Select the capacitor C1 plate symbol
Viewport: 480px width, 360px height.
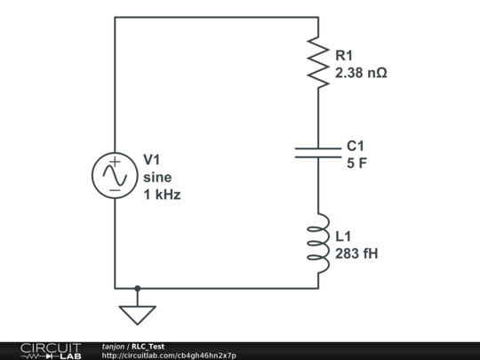317,154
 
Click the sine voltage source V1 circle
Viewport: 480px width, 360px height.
115,175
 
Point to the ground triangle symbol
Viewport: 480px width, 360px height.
137,315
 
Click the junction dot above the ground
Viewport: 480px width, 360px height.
137,288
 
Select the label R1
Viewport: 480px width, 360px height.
344,56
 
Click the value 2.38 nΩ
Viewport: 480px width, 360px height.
361,73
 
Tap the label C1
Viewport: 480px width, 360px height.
356,146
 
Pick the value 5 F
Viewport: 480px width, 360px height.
356,163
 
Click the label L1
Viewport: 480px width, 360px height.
343,236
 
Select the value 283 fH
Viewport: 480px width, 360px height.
356,253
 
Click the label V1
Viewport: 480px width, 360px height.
152,159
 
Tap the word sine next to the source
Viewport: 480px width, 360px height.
157,176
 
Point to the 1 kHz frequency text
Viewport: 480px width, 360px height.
162,194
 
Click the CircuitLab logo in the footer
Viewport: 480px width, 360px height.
50,350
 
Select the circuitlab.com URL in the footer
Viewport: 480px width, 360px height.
169,356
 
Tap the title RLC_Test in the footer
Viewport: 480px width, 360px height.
148,346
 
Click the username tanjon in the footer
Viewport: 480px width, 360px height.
113,346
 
